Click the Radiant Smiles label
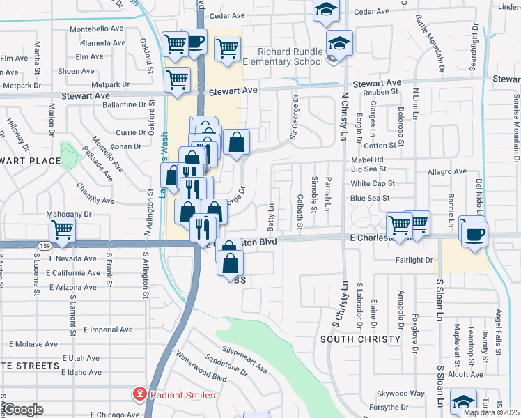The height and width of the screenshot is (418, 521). (183, 395)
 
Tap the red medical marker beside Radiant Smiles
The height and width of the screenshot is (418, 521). (139, 395)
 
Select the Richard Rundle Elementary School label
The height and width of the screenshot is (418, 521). (290, 56)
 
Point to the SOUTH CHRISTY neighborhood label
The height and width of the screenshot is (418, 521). (360, 339)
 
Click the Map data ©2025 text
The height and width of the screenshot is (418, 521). (491, 412)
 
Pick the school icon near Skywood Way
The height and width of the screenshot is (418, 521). (463, 402)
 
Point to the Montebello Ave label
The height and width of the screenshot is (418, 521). (96, 30)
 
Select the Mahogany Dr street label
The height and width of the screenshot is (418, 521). (68, 215)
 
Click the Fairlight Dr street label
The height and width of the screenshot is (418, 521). (414, 260)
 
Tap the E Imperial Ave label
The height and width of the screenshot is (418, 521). (107, 329)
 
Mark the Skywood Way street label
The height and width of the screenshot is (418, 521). (401, 394)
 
